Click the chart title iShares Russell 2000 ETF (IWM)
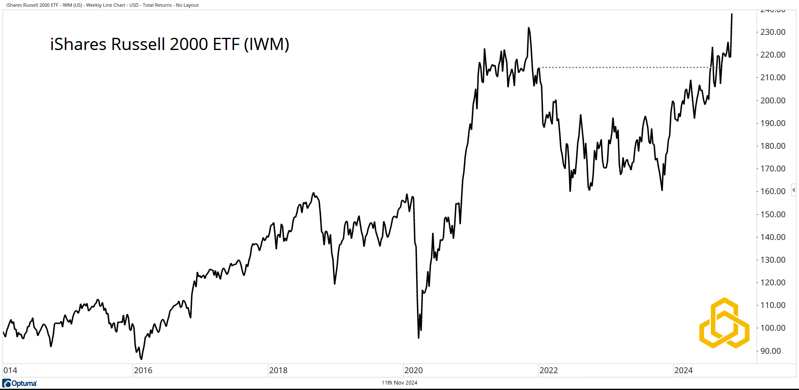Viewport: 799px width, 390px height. [170, 44]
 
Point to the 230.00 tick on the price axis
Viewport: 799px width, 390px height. [773, 32]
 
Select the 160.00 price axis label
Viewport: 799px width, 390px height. [773, 191]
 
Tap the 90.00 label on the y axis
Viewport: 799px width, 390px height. [770, 351]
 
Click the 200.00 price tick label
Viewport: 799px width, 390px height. [773, 100]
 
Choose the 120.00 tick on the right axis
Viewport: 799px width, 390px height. [773, 282]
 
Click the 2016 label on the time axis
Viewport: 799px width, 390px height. [143, 370]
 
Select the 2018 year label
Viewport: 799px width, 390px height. [278, 370]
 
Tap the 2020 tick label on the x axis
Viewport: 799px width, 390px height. [413, 370]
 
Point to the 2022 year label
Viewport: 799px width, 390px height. [548, 370]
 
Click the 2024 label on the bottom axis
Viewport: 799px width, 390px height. [683, 370]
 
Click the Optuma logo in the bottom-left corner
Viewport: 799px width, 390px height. [20, 383]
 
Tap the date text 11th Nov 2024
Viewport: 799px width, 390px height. [399, 382]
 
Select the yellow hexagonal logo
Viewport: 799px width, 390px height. [724, 323]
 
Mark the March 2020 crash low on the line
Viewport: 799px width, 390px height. [419, 337]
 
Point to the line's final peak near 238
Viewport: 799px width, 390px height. [732, 14]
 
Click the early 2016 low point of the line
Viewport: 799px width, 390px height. [141, 359]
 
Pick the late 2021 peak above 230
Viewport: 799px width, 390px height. [529, 28]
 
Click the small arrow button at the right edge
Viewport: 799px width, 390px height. [794, 190]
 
